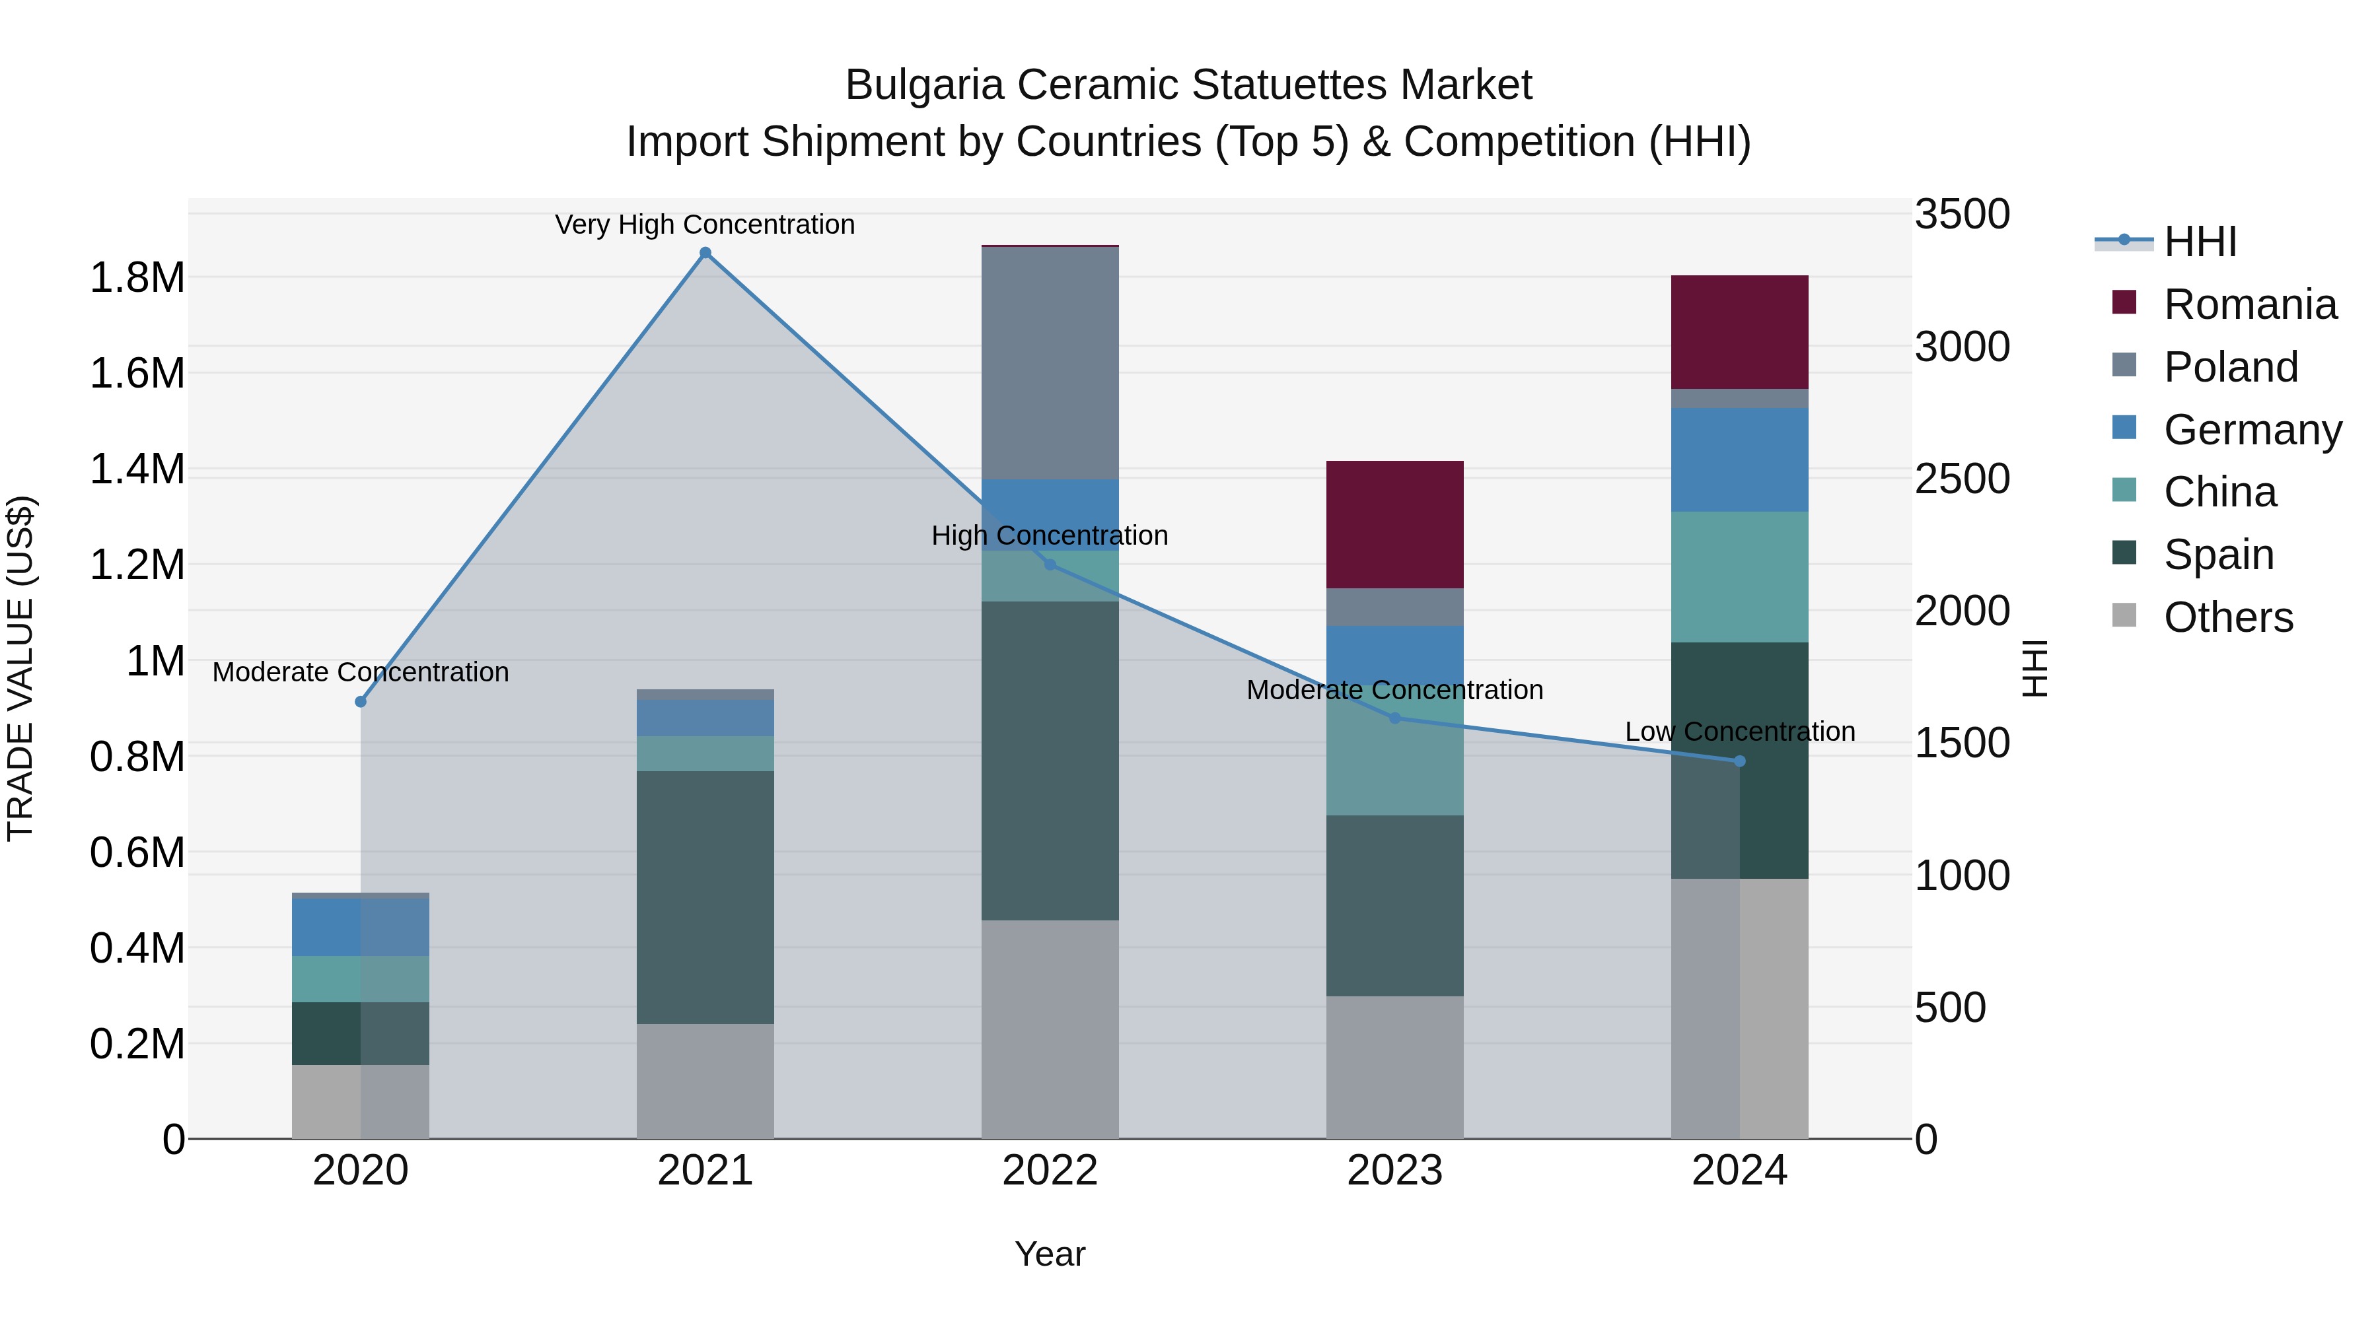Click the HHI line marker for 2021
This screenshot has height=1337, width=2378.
(x=705, y=253)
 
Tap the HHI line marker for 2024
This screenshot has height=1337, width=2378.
(x=1739, y=761)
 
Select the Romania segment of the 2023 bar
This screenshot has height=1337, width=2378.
(x=1394, y=524)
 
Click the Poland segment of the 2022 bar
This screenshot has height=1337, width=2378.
(x=1050, y=362)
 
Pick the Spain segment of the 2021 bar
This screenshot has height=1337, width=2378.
(x=705, y=897)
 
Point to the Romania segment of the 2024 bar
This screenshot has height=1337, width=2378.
(x=1739, y=332)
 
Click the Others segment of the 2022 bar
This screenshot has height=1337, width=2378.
(x=1050, y=1029)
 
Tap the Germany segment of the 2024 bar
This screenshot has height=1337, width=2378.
(x=1739, y=460)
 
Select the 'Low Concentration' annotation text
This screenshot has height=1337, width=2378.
(x=1739, y=732)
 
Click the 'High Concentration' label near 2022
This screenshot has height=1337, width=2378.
(x=1050, y=535)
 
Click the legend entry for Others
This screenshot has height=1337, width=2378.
(x=2227, y=617)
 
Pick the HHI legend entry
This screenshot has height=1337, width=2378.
(x=2199, y=242)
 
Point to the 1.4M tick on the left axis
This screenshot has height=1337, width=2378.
(x=137, y=469)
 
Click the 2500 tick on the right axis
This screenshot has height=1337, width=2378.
(x=1962, y=479)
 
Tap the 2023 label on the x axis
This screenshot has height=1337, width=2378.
(x=1394, y=1171)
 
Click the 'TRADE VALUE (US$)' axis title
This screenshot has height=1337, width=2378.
(x=20, y=668)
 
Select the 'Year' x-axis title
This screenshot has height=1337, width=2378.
(x=1050, y=1254)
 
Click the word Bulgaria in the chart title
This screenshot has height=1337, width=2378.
(x=924, y=85)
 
